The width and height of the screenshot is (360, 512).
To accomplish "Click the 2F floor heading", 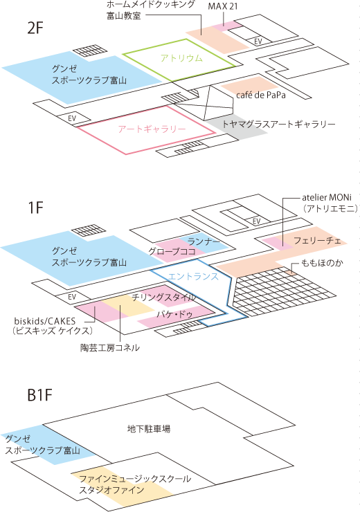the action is pyautogui.click(x=35, y=28).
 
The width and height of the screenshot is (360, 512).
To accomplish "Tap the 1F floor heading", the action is pyautogui.click(x=35, y=208).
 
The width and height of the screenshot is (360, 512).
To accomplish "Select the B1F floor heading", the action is pyautogui.click(x=40, y=395).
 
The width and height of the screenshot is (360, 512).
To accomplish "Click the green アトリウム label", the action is pyautogui.click(x=181, y=58).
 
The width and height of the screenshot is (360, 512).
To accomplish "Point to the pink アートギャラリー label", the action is pyautogui.click(x=152, y=129).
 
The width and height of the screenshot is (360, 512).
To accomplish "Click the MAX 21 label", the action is pyautogui.click(x=223, y=6).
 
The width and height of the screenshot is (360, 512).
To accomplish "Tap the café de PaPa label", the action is pyautogui.click(x=261, y=95).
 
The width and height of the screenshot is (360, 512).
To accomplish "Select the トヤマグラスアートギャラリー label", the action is pyautogui.click(x=279, y=124).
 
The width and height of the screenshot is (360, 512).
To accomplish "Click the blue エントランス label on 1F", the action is pyautogui.click(x=193, y=277).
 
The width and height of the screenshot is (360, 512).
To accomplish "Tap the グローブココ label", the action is pyautogui.click(x=172, y=251).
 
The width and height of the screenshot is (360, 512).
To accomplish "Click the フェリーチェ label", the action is pyautogui.click(x=317, y=241).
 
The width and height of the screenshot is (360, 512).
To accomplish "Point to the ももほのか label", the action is pyautogui.click(x=322, y=263).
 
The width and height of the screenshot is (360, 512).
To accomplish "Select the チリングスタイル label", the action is pyautogui.click(x=163, y=298).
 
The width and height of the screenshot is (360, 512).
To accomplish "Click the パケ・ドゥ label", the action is pyautogui.click(x=174, y=315).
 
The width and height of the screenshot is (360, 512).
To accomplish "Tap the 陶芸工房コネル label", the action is pyautogui.click(x=110, y=348).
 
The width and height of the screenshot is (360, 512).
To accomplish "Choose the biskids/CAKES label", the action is pyautogui.click(x=45, y=321).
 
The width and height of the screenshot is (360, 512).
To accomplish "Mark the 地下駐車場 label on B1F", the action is pyautogui.click(x=149, y=429).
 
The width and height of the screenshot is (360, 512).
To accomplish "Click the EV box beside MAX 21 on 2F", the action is pyautogui.click(x=258, y=41).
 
